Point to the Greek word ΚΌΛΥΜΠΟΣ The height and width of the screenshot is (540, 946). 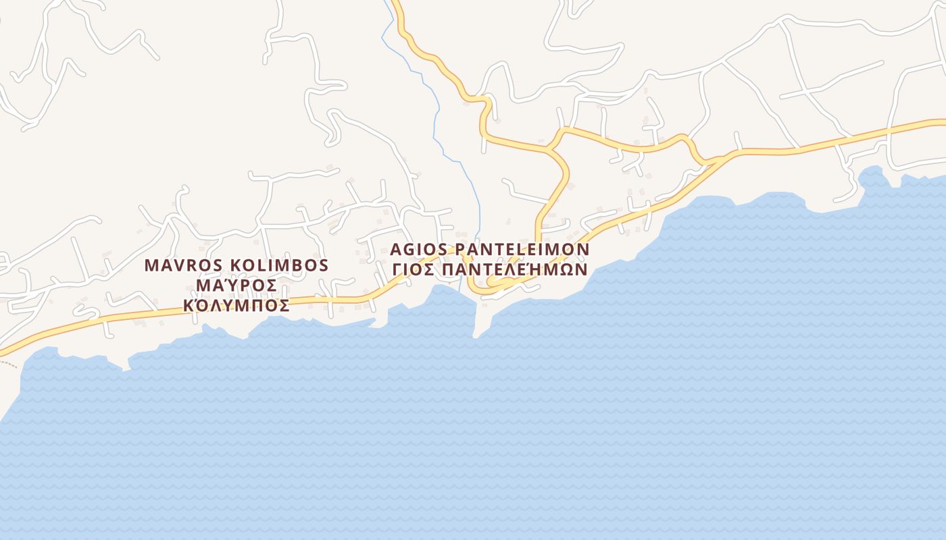point(236,305)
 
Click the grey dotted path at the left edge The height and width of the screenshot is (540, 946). point(8,363)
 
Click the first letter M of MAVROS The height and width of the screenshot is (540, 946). point(151,265)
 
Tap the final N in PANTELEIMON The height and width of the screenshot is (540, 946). point(583,249)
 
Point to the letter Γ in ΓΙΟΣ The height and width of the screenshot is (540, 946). point(397,269)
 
